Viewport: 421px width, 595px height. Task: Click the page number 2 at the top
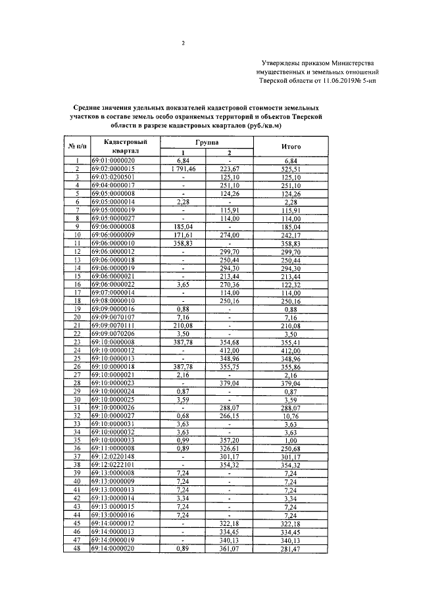point(183,44)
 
